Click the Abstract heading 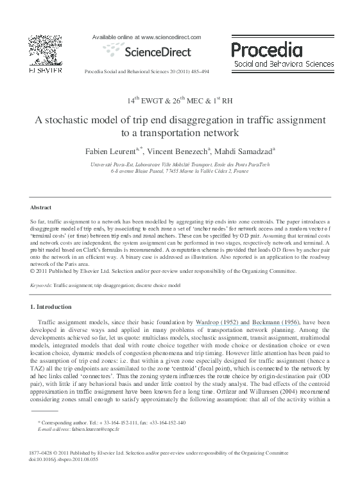(x=41, y=207)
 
